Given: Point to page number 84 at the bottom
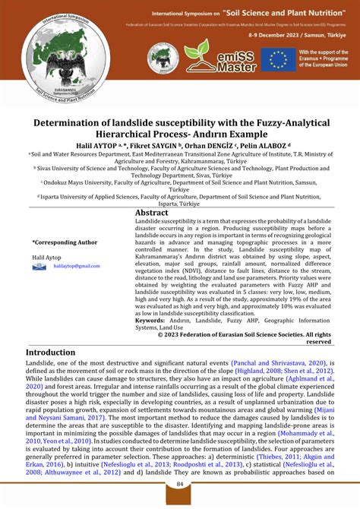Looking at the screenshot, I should [x=180, y=485].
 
